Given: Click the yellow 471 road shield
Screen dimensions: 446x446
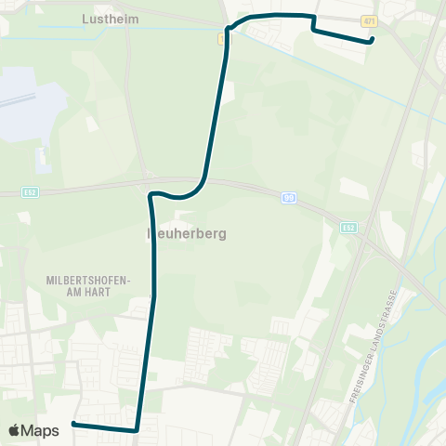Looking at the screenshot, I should (370, 20).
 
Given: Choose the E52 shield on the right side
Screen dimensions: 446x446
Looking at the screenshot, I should (349, 227).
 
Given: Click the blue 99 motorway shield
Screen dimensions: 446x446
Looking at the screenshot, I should (290, 198).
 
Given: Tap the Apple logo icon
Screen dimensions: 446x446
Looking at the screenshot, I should (14, 430).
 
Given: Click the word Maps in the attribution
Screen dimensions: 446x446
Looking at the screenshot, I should (41, 430).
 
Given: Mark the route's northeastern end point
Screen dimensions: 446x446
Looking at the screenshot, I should (372, 40).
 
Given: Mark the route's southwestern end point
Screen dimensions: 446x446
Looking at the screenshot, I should (73, 425).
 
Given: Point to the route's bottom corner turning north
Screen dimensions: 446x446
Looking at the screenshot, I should (137, 430).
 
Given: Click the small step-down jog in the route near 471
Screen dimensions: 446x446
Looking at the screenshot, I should (314, 24).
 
